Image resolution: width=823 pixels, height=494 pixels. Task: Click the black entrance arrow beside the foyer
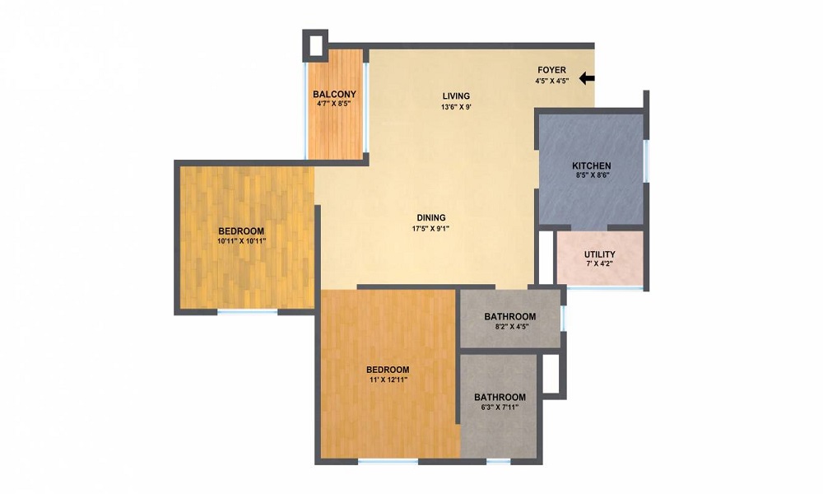coord(587,79)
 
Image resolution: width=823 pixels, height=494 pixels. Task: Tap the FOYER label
coord(551,70)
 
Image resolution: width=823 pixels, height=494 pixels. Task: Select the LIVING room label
coord(456,96)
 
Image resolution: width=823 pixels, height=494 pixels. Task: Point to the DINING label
coord(431,217)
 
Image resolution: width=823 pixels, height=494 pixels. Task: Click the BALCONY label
coord(334,95)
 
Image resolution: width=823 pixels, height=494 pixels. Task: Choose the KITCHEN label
coord(591,165)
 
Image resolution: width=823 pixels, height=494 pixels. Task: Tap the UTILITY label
coord(599,254)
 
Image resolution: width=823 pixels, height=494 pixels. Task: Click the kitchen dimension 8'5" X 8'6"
coord(592,176)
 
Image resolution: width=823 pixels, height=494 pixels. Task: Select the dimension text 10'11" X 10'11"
coord(241,241)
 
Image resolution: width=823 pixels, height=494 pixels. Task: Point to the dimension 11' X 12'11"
coord(388,380)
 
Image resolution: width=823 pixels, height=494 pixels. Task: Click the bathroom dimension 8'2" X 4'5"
coord(511,326)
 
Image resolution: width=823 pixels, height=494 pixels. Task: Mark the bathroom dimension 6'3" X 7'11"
coord(500,407)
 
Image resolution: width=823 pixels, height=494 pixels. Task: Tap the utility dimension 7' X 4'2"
coord(599,264)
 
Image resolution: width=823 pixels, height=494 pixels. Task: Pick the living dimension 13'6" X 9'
coord(456,107)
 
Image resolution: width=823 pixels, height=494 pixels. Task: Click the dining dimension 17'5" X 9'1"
coord(431,228)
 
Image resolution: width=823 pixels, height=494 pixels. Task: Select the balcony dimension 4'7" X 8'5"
coord(333,104)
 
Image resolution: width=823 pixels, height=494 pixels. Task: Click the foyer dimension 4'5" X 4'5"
coord(551,82)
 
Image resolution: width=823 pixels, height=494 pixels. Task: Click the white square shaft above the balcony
coord(315,45)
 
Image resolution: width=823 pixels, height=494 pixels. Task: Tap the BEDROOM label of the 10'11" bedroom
coord(241,231)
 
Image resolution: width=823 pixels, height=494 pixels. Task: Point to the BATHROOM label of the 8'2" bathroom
coord(510,316)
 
